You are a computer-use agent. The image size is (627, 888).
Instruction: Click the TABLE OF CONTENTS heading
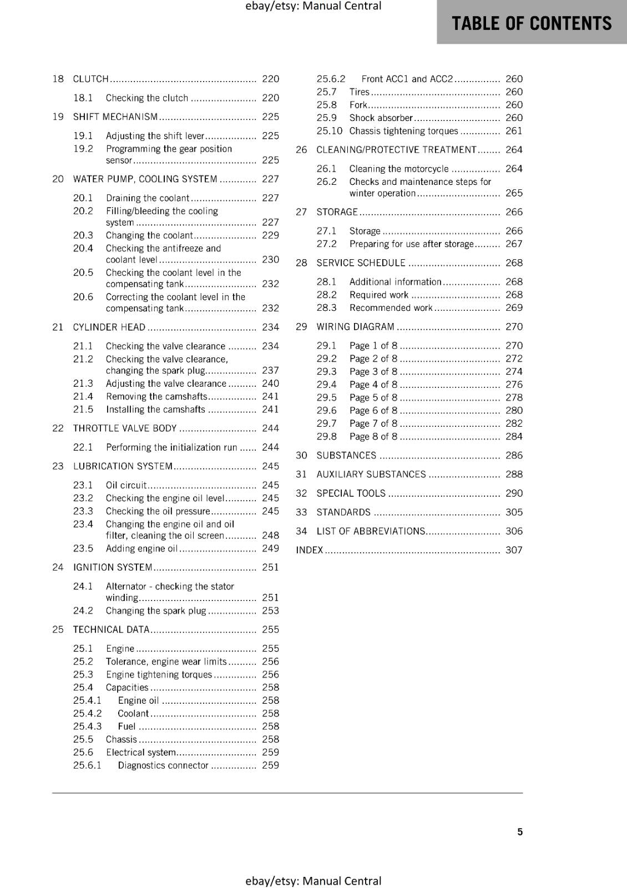pos(531,23)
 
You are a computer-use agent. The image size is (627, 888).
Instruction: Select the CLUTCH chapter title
pos(91,79)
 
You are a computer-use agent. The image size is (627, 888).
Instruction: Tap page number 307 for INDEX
pos(514,550)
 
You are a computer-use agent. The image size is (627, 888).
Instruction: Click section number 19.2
pos(83,149)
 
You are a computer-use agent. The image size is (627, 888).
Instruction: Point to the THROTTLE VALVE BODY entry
pos(125,428)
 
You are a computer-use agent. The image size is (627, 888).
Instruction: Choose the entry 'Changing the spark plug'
pos(156,610)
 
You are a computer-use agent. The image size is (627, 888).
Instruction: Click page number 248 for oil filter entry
pos(270,536)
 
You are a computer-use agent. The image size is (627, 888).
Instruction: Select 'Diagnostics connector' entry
pos(163,765)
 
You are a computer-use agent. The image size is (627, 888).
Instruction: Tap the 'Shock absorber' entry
pos(381,118)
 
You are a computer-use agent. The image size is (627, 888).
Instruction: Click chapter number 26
pos(301,150)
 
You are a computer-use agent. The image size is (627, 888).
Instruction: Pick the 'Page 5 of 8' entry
pos(373,397)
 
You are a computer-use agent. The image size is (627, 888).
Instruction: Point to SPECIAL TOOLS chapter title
pos(351,493)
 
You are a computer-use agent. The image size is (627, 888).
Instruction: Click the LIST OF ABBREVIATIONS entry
pos(371,531)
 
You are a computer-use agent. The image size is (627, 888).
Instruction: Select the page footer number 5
pos(520,831)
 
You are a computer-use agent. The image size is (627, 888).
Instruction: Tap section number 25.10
pos(329,131)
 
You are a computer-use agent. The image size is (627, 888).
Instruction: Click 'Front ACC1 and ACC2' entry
pos(407,79)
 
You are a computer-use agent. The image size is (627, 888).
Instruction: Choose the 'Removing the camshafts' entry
pos(156,396)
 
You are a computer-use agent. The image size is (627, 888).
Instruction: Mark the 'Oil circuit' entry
pos(126,485)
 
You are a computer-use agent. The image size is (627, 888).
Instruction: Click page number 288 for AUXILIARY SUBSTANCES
pos(514,475)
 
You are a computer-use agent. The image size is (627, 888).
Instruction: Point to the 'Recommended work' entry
pos(391,308)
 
